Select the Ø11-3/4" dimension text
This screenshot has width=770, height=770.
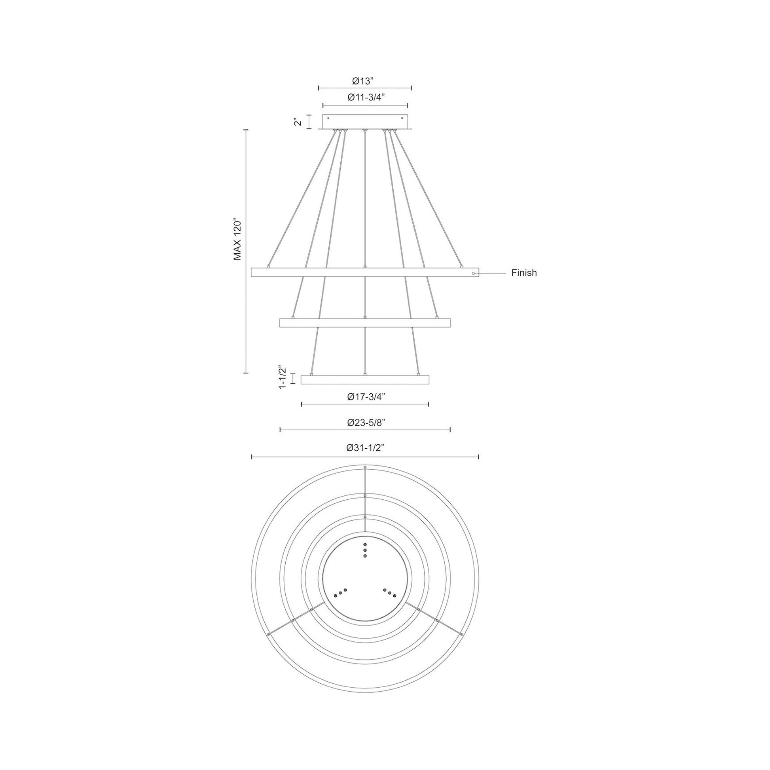(x=365, y=98)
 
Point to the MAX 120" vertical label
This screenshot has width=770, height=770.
(x=238, y=239)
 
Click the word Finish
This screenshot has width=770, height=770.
(x=524, y=273)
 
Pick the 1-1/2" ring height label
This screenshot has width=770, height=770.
(x=282, y=377)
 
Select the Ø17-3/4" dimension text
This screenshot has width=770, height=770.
(x=365, y=396)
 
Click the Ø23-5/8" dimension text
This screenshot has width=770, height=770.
(x=365, y=423)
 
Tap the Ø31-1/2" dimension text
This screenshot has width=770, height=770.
(x=365, y=448)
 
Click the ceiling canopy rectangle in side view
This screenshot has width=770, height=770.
(x=365, y=122)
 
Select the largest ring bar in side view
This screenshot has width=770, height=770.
(x=365, y=273)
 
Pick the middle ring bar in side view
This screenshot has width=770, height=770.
(x=365, y=323)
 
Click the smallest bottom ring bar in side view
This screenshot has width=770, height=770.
(x=365, y=379)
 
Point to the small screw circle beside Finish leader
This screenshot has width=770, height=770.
(x=473, y=274)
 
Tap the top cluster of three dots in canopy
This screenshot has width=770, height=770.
(x=365, y=550)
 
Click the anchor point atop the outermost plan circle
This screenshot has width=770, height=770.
(x=365, y=467)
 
